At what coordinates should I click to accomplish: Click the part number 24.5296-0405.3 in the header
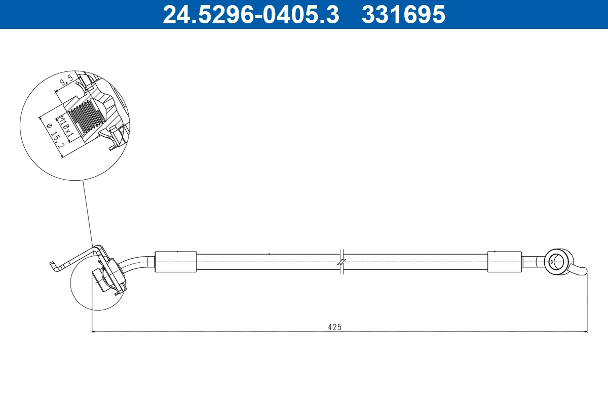[250, 14]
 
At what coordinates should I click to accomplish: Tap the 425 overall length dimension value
[334, 327]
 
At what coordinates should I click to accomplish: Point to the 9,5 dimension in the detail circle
[65, 81]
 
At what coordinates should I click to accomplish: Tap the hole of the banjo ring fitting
[556, 262]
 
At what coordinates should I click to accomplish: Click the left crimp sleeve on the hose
[175, 262]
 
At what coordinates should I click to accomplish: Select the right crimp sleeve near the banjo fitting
[504, 262]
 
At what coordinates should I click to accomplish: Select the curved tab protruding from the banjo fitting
[578, 270]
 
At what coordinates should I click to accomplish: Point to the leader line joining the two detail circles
[87, 213]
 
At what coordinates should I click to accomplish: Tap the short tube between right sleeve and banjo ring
[532, 262]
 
